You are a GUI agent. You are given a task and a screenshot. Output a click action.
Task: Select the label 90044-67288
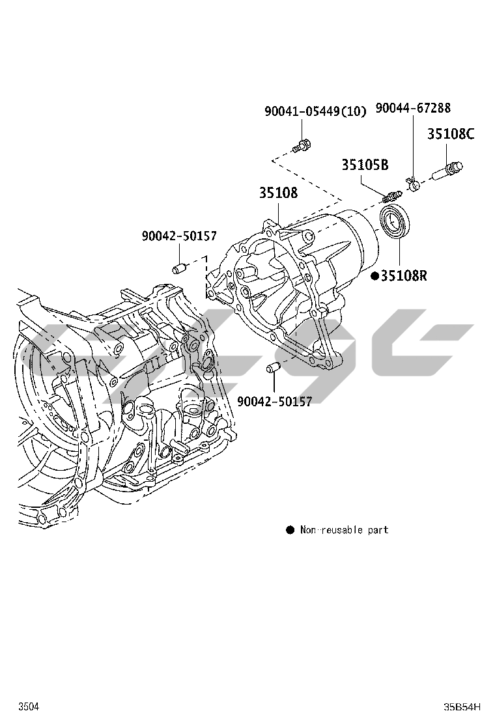coord(413,108)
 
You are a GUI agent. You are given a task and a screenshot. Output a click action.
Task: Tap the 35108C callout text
coord(451,134)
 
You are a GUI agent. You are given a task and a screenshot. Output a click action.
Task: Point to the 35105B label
coord(365,165)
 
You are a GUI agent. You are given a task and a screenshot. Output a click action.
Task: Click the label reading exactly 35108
coord(278,193)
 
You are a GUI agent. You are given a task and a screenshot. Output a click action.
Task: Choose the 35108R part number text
coord(404,275)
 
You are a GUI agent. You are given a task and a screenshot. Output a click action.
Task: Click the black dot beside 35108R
coord(375,275)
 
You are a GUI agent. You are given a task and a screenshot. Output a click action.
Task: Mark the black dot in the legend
coord(290,530)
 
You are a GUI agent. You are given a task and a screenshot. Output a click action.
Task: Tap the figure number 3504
coord(27,706)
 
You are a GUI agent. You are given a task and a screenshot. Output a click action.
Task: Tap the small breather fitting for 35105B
coord(391,195)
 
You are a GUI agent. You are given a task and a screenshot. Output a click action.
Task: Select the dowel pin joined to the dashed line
coord(180,268)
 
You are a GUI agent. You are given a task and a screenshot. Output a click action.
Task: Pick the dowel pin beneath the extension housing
coord(272,369)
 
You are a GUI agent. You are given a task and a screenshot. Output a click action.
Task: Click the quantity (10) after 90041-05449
coord(354,111)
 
